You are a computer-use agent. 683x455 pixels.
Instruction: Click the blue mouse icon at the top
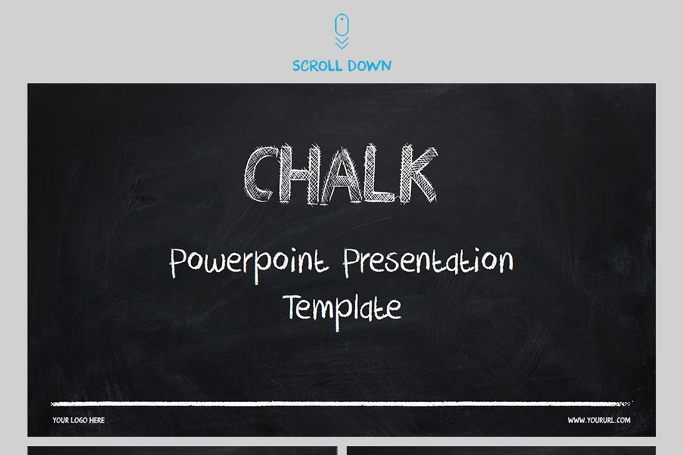[x=341, y=25]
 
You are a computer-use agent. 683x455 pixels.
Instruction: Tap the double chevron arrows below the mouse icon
[x=341, y=43]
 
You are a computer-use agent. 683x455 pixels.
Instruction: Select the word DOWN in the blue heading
[x=371, y=66]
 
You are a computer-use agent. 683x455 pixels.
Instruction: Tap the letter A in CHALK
[x=340, y=176]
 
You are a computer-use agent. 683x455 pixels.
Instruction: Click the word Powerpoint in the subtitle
[x=249, y=263]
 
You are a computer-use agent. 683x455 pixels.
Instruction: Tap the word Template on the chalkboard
[x=342, y=308]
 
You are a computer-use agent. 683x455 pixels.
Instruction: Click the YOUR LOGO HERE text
[x=79, y=420]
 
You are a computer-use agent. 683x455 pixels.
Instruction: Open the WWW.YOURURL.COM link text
[x=599, y=420]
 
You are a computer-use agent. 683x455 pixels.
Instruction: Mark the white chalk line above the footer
[x=341, y=404]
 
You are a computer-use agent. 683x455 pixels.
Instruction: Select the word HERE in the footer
[x=97, y=420]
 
